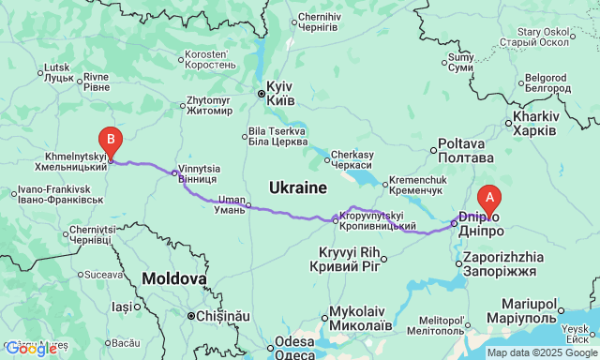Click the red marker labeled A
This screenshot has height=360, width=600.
pos(488,199)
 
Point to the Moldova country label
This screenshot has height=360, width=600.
pos(174,278)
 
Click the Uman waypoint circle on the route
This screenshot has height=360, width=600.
pos(248,207)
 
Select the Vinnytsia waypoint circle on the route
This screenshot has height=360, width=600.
pos(174,173)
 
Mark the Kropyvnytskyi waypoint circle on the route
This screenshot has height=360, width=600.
pos(336,220)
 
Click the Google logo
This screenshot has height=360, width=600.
pos(30,350)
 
